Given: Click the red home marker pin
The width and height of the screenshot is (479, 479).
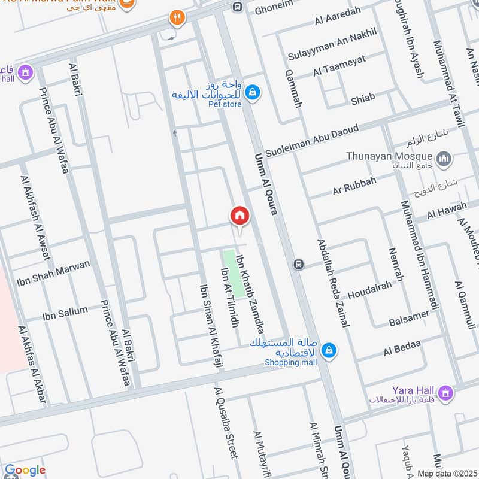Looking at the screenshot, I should (239, 216).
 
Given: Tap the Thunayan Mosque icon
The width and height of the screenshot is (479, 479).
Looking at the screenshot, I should (444, 159).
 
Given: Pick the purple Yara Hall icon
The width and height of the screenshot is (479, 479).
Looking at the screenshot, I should (444, 393).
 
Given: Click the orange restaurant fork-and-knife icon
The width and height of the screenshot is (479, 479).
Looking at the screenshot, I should (176, 18).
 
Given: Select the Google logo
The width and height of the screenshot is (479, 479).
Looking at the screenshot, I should (25, 470).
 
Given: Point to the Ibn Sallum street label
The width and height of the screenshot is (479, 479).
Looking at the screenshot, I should (65, 313).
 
